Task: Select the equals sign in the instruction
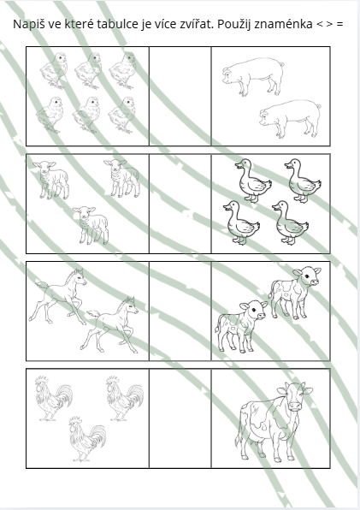point(339,25)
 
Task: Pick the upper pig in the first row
point(253,76)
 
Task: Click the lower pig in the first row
point(290,118)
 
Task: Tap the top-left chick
point(55,70)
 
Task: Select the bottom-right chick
point(122,115)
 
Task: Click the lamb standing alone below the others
point(91,225)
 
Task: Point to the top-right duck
point(303,181)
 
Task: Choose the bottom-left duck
point(241,222)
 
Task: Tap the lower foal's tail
point(93,314)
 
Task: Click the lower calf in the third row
point(241,326)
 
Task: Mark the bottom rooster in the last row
point(87,439)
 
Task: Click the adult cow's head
point(295,396)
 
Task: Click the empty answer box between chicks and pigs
point(180,97)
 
